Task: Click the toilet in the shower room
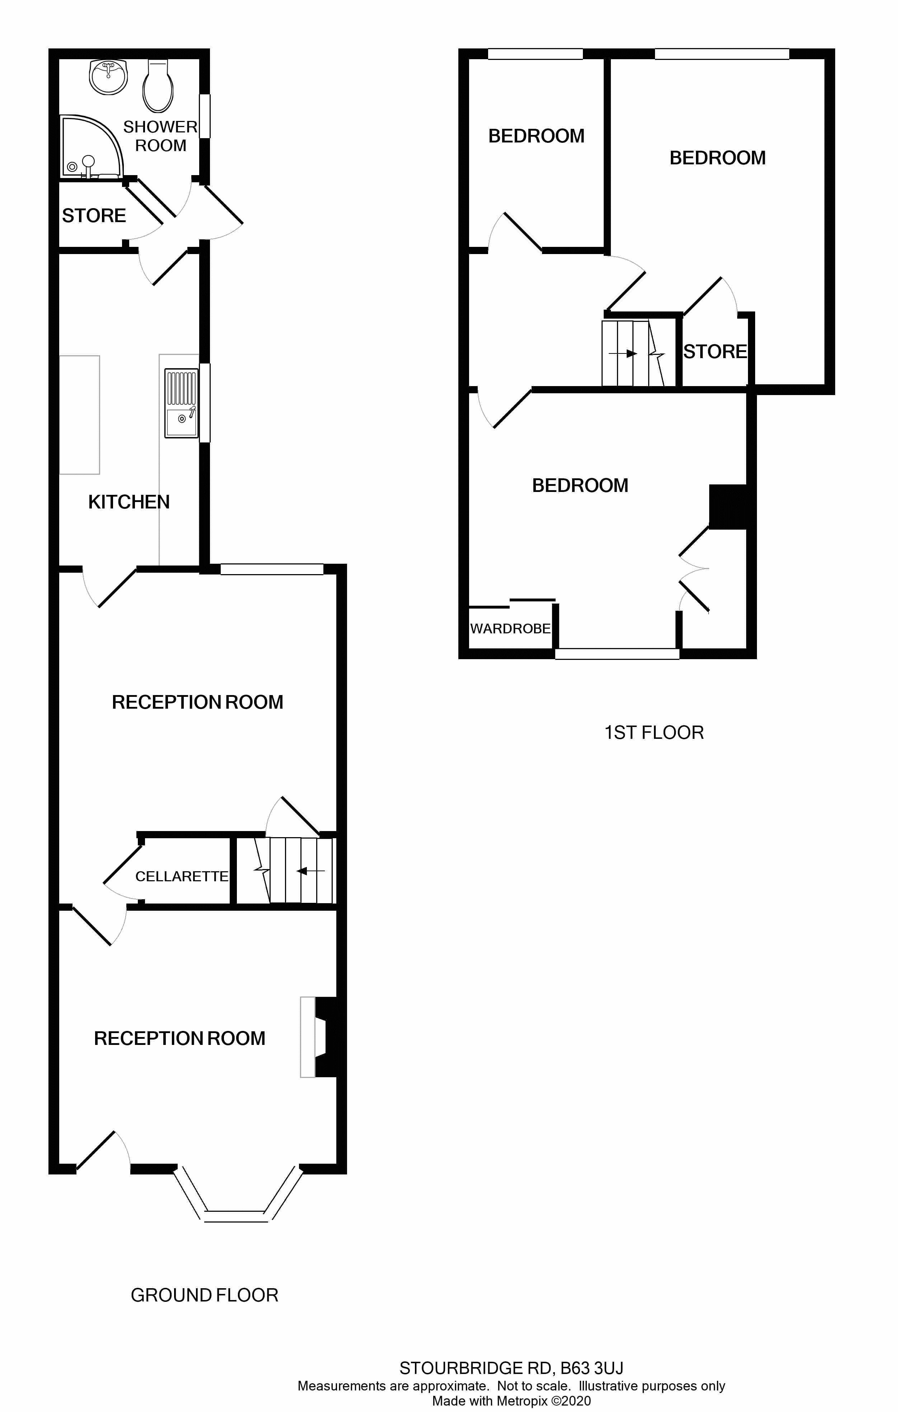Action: (158, 86)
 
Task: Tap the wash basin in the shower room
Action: (108, 77)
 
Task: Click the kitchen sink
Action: (181, 403)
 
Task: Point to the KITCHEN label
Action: (129, 502)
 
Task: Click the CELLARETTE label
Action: (182, 876)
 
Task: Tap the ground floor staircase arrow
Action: (310, 871)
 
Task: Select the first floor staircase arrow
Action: (623, 353)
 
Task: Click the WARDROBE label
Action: (510, 629)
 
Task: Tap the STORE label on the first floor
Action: (715, 352)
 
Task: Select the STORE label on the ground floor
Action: (94, 216)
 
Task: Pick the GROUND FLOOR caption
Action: (205, 1295)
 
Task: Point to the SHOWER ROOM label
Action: (160, 136)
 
